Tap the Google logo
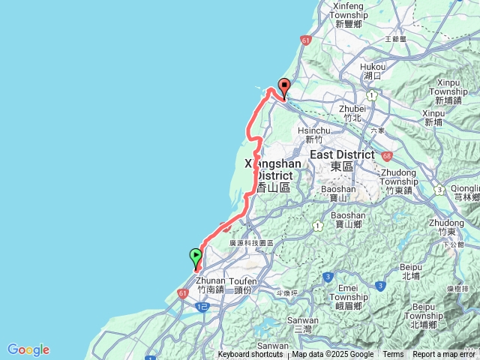28,349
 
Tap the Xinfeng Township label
349,15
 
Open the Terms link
393,355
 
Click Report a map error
445,355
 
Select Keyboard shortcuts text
250,355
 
